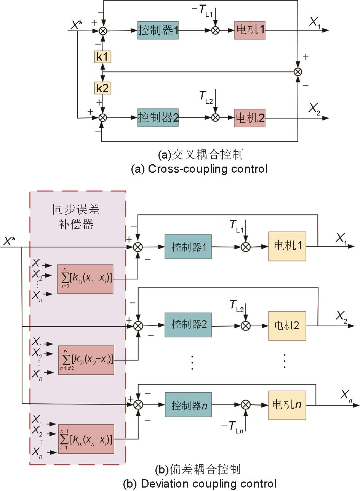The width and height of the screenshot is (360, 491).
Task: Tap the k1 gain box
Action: (x=102, y=57)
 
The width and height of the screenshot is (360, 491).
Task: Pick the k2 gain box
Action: (x=102, y=88)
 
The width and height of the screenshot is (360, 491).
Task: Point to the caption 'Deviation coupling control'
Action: (x=200, y=484)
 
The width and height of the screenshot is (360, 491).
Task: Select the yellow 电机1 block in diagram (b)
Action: (x=287, y=246)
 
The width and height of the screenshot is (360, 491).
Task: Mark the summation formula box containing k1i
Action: (x=85, y=278)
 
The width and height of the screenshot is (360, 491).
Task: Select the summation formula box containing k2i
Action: (x=86, y=359)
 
